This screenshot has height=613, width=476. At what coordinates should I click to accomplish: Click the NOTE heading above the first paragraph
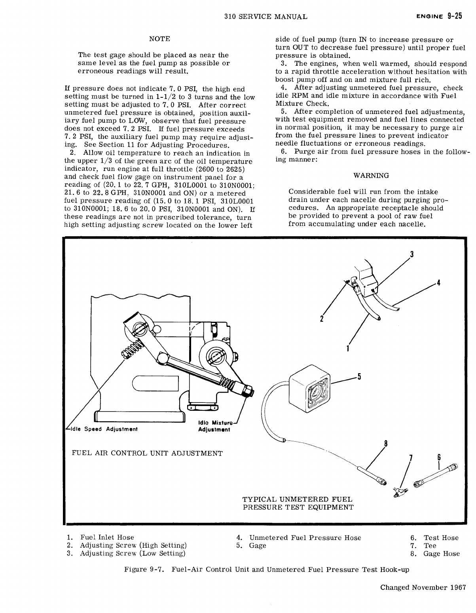(x=159, y=39)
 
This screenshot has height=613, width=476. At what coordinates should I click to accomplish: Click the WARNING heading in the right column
(x=371, y=175)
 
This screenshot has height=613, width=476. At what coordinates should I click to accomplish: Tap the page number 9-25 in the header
(x=455, y=16)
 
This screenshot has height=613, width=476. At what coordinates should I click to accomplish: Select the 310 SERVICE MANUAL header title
(x=265, y=17)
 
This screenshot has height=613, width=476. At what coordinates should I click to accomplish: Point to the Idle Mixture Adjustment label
(x=217, y=426)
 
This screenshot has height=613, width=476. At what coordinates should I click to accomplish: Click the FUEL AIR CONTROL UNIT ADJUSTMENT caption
(x=146, y=453)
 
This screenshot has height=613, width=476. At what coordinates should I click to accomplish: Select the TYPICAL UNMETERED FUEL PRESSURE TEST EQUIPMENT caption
(x=298, y=503)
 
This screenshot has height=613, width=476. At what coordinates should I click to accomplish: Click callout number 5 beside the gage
(x=359, y=376)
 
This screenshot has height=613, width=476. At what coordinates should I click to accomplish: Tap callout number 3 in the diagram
(x=412, y=254)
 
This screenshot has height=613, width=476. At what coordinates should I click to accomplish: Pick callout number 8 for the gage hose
(x=386, y=443)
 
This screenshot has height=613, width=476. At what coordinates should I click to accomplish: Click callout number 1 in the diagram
(x=347, y=349)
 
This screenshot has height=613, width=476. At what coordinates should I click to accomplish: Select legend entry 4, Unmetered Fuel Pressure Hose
(x=298, y=538)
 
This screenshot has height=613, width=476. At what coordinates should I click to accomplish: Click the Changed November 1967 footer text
(x=423, y=587)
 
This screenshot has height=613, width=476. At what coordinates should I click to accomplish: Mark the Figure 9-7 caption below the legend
(x=267, y=570)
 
